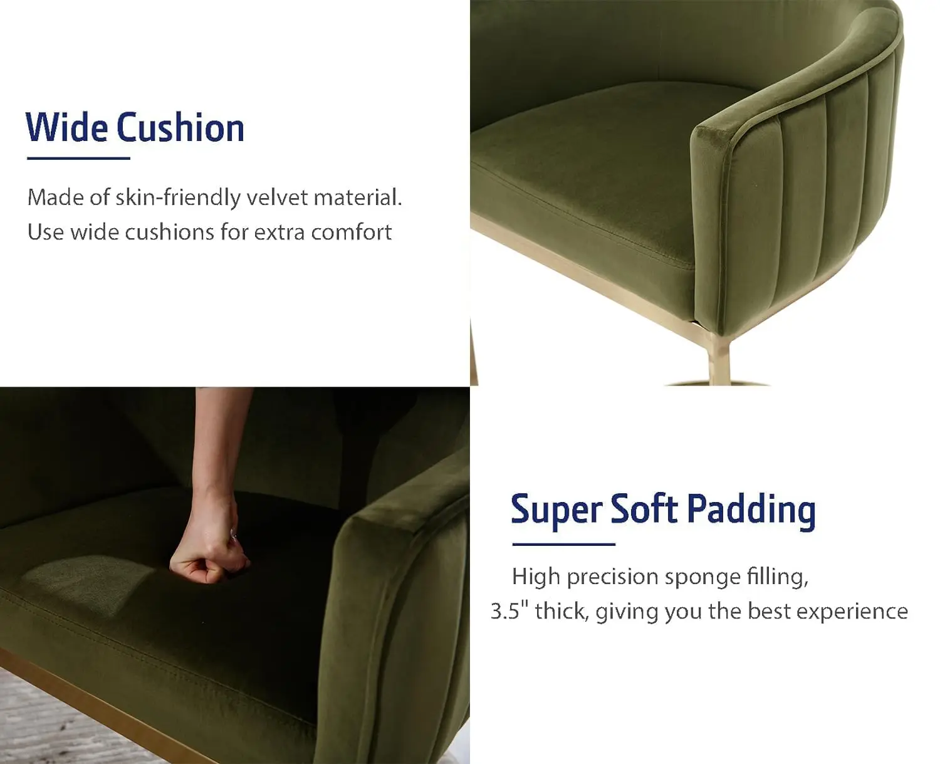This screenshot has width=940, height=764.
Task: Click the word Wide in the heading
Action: click(x=66, y=127)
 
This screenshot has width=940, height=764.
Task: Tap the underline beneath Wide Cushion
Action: click(x=78, y=158)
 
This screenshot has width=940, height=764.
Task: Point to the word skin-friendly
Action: click(x=178, y=197)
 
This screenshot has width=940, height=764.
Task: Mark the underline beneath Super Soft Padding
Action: click(x=563, y=544)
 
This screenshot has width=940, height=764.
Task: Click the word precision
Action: click(x=612, y=577)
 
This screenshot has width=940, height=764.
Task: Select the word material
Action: click(x=358, y=197)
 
